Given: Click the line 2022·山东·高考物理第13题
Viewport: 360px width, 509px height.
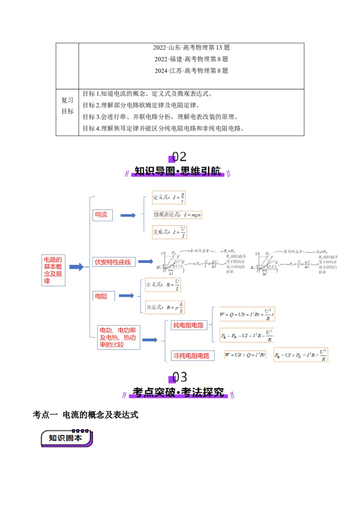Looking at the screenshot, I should [191, 47].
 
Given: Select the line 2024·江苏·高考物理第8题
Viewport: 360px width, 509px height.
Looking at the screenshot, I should [191, 71].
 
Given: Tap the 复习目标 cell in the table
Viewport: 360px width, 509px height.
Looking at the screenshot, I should [67, 106].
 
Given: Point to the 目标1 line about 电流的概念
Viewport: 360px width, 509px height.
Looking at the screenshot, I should [147, 94].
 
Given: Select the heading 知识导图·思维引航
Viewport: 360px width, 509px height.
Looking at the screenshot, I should [178, 171].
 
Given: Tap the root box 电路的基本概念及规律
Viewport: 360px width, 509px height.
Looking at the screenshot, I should [53, 270].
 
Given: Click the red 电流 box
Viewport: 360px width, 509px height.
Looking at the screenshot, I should [102, 215].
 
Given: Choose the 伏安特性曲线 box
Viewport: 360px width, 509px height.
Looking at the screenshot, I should [113, 262].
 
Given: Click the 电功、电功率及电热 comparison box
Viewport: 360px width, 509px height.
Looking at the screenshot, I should [119, 337].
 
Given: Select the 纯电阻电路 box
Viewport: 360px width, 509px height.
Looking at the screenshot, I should [188, 325].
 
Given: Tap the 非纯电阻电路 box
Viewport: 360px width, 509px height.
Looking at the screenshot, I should [191, 356].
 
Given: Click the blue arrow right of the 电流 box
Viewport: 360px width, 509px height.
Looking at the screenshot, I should [128, 215].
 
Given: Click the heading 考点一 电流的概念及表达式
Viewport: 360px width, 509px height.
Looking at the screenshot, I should [85, 415].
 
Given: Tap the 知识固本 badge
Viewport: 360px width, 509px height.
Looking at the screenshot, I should [66, 438].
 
